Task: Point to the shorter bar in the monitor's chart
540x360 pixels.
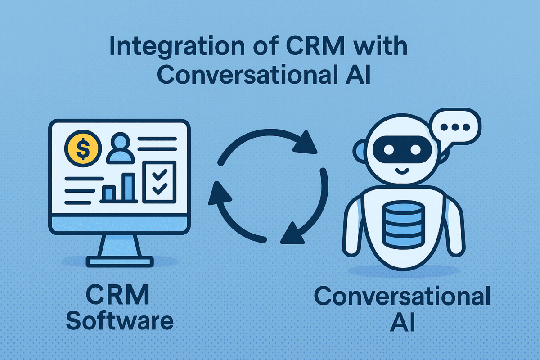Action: (108, 193)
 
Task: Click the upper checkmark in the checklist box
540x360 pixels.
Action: (159, 175)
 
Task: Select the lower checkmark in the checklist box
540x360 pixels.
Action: (159, 189)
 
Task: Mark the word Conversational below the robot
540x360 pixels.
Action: (402, 297)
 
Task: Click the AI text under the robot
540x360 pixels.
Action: (402, 323)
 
